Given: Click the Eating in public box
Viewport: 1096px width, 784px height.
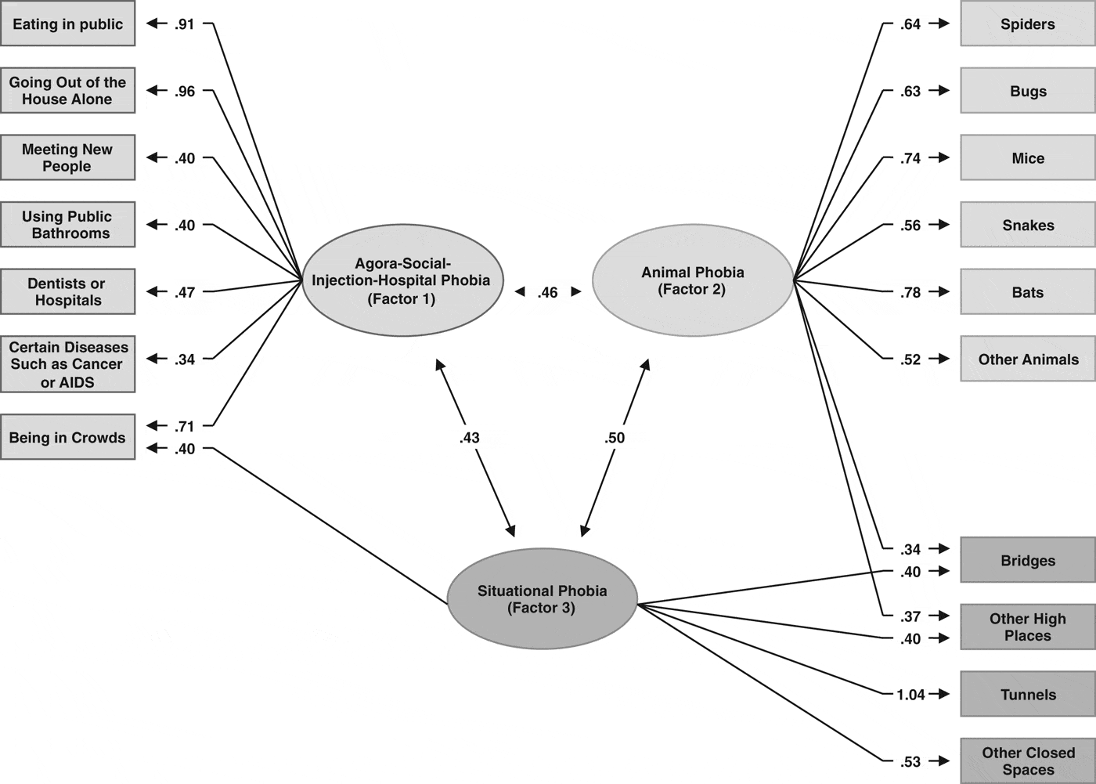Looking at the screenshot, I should [67, 23].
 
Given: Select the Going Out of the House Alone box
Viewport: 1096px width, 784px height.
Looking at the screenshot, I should [67, 91].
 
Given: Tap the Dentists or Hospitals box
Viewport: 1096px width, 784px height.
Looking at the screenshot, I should [67, 292].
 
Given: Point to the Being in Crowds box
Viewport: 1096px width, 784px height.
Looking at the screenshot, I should [67, 437].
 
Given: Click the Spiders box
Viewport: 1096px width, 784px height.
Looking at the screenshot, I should [1027, 24].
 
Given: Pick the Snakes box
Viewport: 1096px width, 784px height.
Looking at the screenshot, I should [1027, 226].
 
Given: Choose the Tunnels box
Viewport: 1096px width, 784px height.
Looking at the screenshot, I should [1027, 694].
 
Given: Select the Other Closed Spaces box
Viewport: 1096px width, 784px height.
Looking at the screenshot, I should [1027, 761].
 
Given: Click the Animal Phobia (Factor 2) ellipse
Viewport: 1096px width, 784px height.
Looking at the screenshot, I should [692, 280].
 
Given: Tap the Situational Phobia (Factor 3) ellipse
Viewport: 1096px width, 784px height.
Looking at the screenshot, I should [542, 599].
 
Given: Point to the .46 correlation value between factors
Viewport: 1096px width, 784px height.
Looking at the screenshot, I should [548, 293].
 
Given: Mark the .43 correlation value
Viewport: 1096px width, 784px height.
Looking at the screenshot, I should [469, 438].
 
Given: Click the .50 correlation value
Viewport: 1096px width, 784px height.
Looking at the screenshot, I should [615, 438].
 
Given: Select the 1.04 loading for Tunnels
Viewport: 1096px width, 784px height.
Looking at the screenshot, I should [910, 695].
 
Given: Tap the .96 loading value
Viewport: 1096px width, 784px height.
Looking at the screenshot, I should [185, 92].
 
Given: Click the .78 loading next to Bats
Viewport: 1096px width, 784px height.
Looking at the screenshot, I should [910, 293].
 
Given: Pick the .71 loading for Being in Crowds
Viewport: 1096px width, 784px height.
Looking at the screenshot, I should [185, 427].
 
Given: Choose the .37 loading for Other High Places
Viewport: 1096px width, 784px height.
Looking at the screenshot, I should [910, 616].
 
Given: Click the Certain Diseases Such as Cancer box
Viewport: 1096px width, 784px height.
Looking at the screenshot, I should [67, 364].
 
